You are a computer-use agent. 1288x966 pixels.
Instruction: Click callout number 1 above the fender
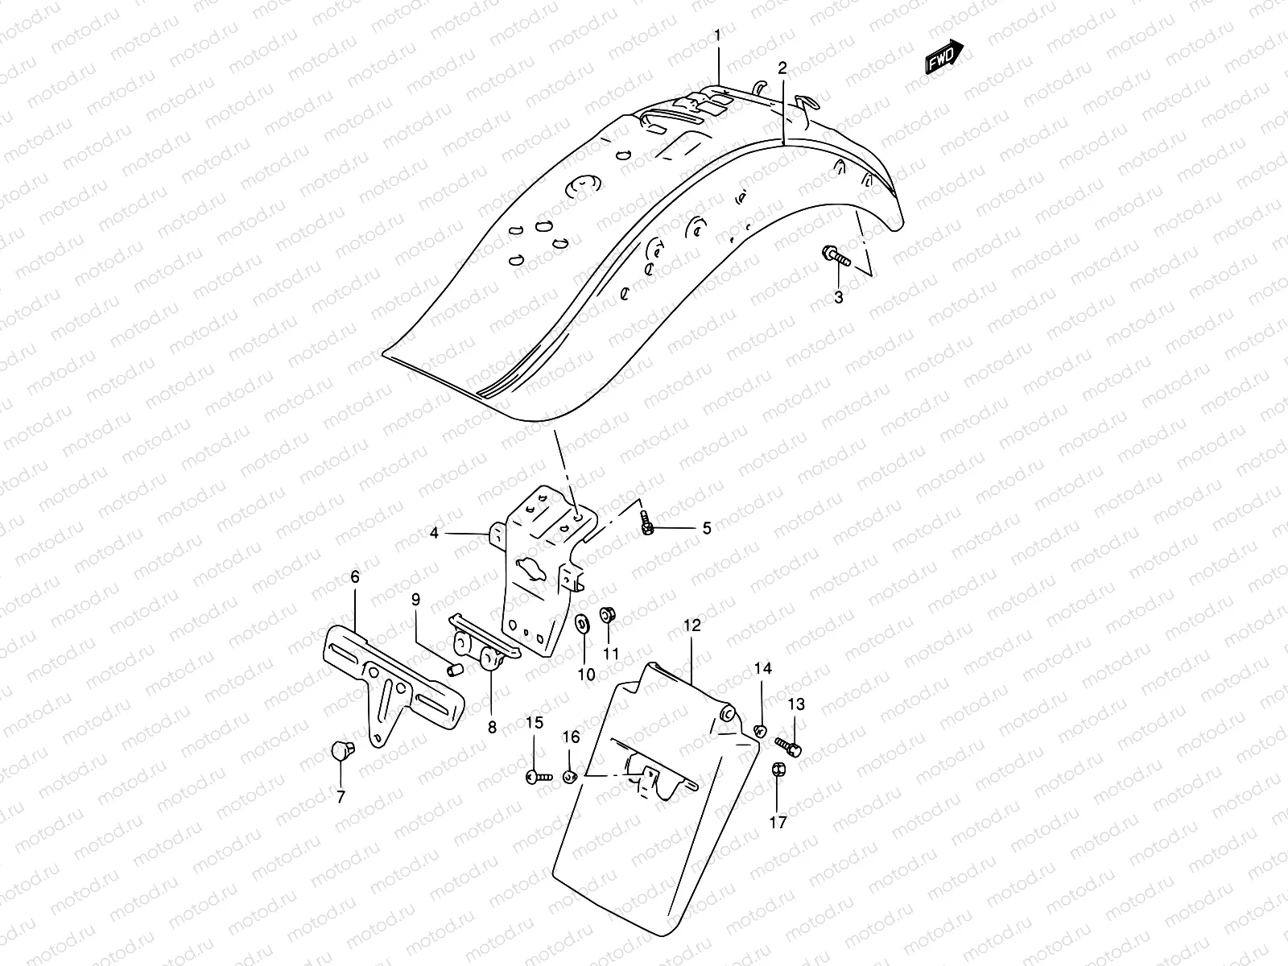[x=719, y=35]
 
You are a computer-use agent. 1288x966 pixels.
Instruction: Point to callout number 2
[x=782, y=68]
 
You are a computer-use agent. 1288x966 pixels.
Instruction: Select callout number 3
[x=838, y=298]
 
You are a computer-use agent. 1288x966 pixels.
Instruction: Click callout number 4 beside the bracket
[x=434, y=533]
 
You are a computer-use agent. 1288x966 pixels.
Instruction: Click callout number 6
[x=354, y=576]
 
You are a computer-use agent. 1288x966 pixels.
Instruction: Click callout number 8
[x=492, y=728]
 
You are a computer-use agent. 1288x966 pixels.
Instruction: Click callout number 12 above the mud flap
[x=692, y=625]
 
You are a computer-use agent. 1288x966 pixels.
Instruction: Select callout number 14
[x=762, y=668]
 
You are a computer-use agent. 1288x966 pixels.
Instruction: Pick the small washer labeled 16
[x=569, y=777]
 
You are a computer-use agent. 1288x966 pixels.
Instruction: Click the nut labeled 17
[x=778, y=770]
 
